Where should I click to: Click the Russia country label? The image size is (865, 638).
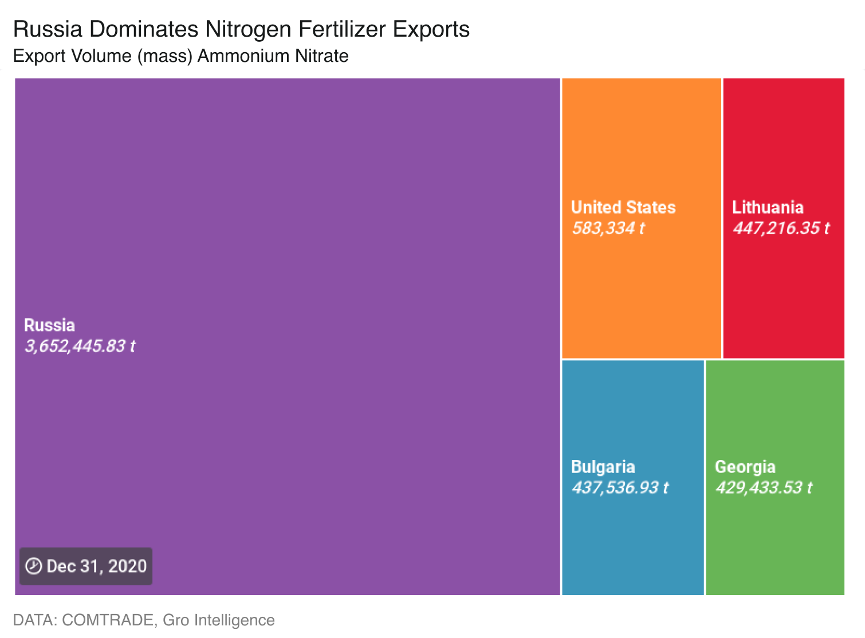(49, 325)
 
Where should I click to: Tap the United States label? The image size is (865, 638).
(623, 207)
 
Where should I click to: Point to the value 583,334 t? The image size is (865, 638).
(608, 228)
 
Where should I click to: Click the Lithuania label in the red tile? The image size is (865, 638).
(768, 207)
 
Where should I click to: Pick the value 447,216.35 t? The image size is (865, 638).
(781, 228)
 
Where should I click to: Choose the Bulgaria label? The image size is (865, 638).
(603, 467)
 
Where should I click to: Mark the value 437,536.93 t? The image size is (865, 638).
(620, 487)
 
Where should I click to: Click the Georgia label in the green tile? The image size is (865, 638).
(745, 467)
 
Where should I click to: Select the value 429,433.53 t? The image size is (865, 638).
(764, 487)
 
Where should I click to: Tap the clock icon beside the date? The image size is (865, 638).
(34, 566)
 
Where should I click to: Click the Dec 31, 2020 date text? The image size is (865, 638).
(96, 566)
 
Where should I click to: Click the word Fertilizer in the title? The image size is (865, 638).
(342, 29)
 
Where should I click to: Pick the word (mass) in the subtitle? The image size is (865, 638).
(164, 56)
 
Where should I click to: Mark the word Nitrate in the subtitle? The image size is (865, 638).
(322, 56)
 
